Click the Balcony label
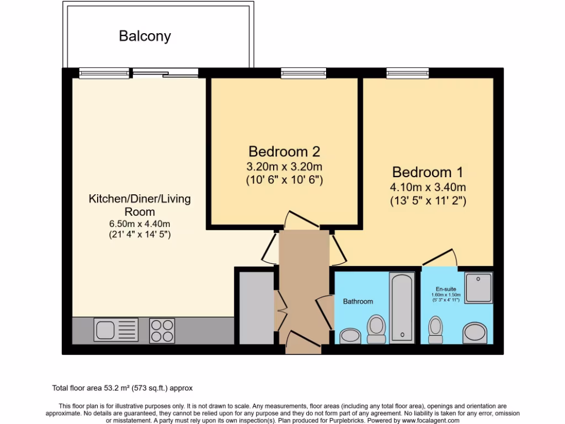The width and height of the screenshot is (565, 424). coord(145,36)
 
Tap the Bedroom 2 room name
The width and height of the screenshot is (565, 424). coord(284,151)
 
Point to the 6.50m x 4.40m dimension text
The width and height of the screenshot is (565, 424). coord(140,224)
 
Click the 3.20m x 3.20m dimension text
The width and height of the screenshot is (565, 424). coord(284,166)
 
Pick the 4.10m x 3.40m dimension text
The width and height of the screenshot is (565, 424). coord(428,187)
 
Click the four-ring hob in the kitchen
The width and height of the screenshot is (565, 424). coord(162,331)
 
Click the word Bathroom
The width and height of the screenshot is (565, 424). coord(358,301)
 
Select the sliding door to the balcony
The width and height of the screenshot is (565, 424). coord(165,73)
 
